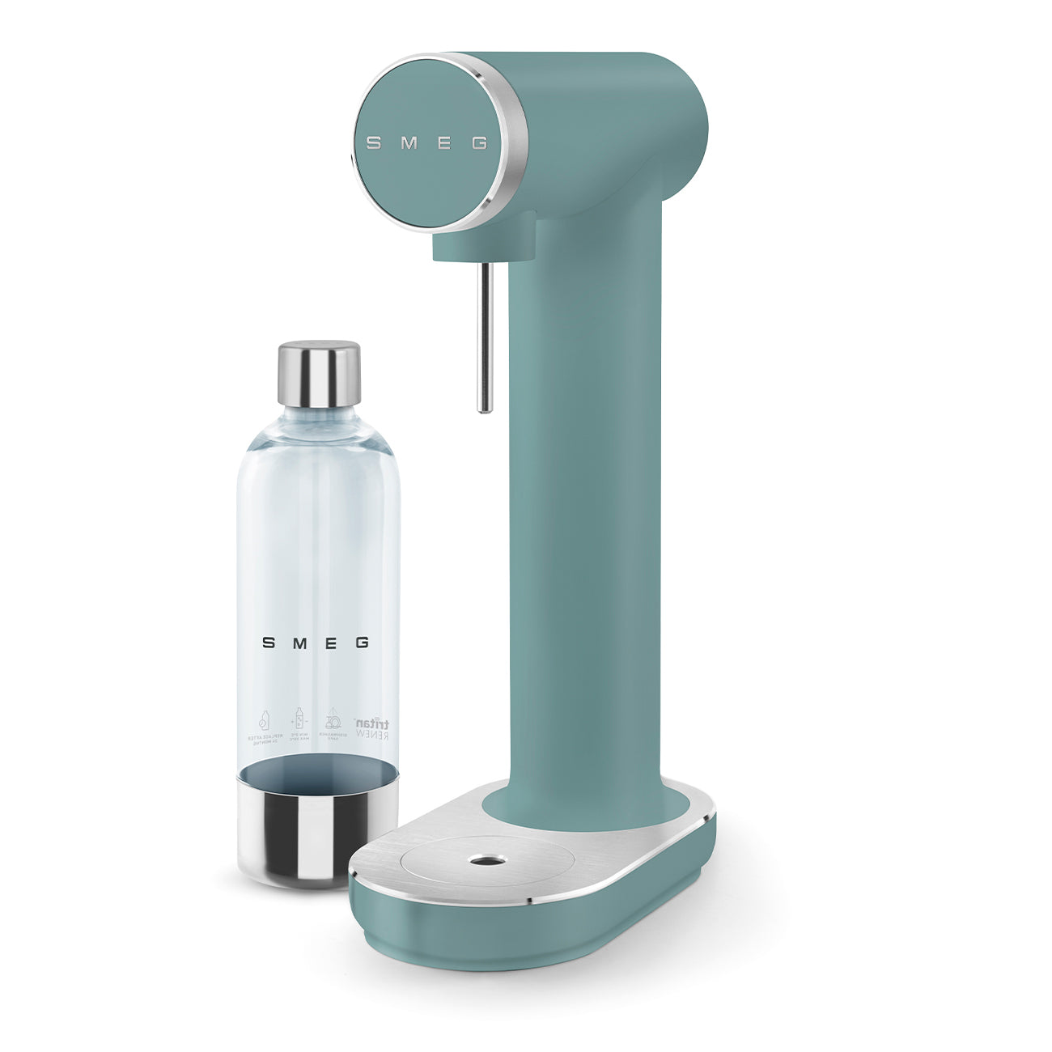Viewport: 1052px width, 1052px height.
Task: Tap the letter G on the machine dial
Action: click(479, 143)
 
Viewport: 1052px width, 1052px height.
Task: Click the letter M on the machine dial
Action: click(409, 143)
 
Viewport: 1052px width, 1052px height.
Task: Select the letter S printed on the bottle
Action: click(268, 643)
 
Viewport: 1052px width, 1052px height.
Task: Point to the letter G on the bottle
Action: click(362, 643)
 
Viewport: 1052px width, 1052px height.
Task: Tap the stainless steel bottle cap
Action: click(319, 373)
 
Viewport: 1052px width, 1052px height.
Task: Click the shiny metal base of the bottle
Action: click(318, 825)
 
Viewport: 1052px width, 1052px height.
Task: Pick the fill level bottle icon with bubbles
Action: click(298, 721)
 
